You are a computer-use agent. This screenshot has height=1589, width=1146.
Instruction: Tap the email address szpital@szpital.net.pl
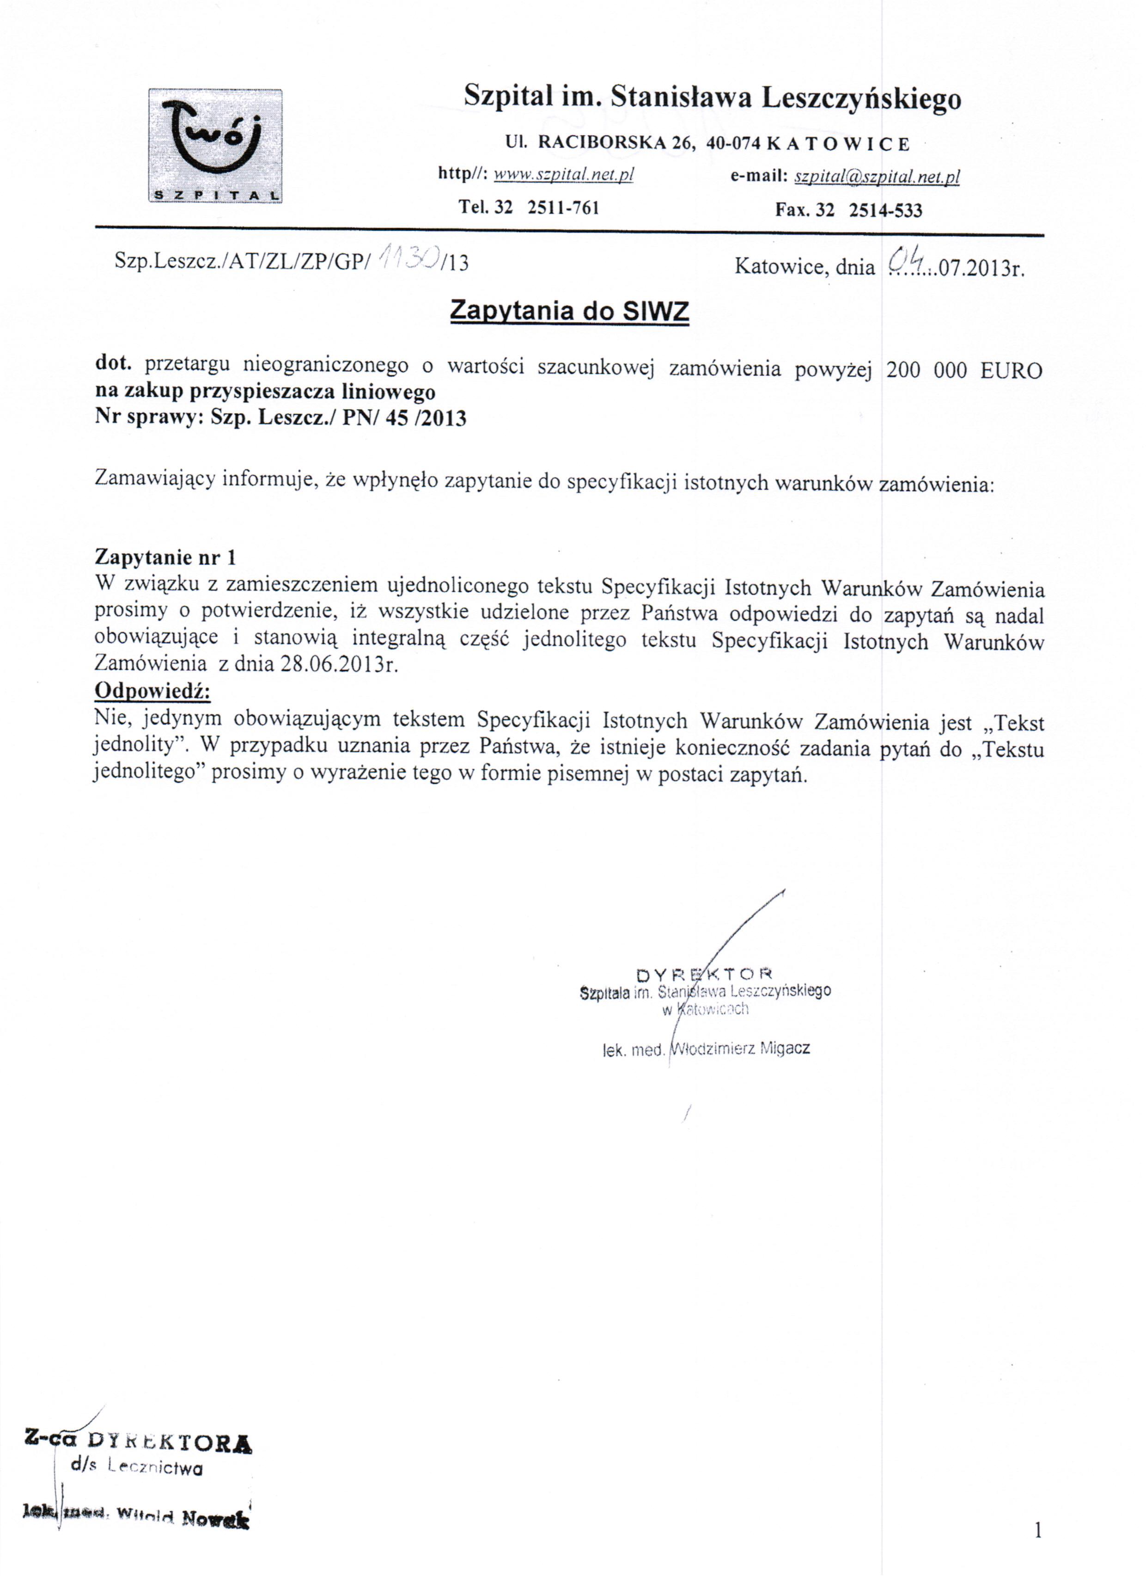[x=876, y=177]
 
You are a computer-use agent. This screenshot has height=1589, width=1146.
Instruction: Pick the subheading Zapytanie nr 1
[x=165, y=557]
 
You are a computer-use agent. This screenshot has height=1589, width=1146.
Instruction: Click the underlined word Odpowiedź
[x=152, y=690]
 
